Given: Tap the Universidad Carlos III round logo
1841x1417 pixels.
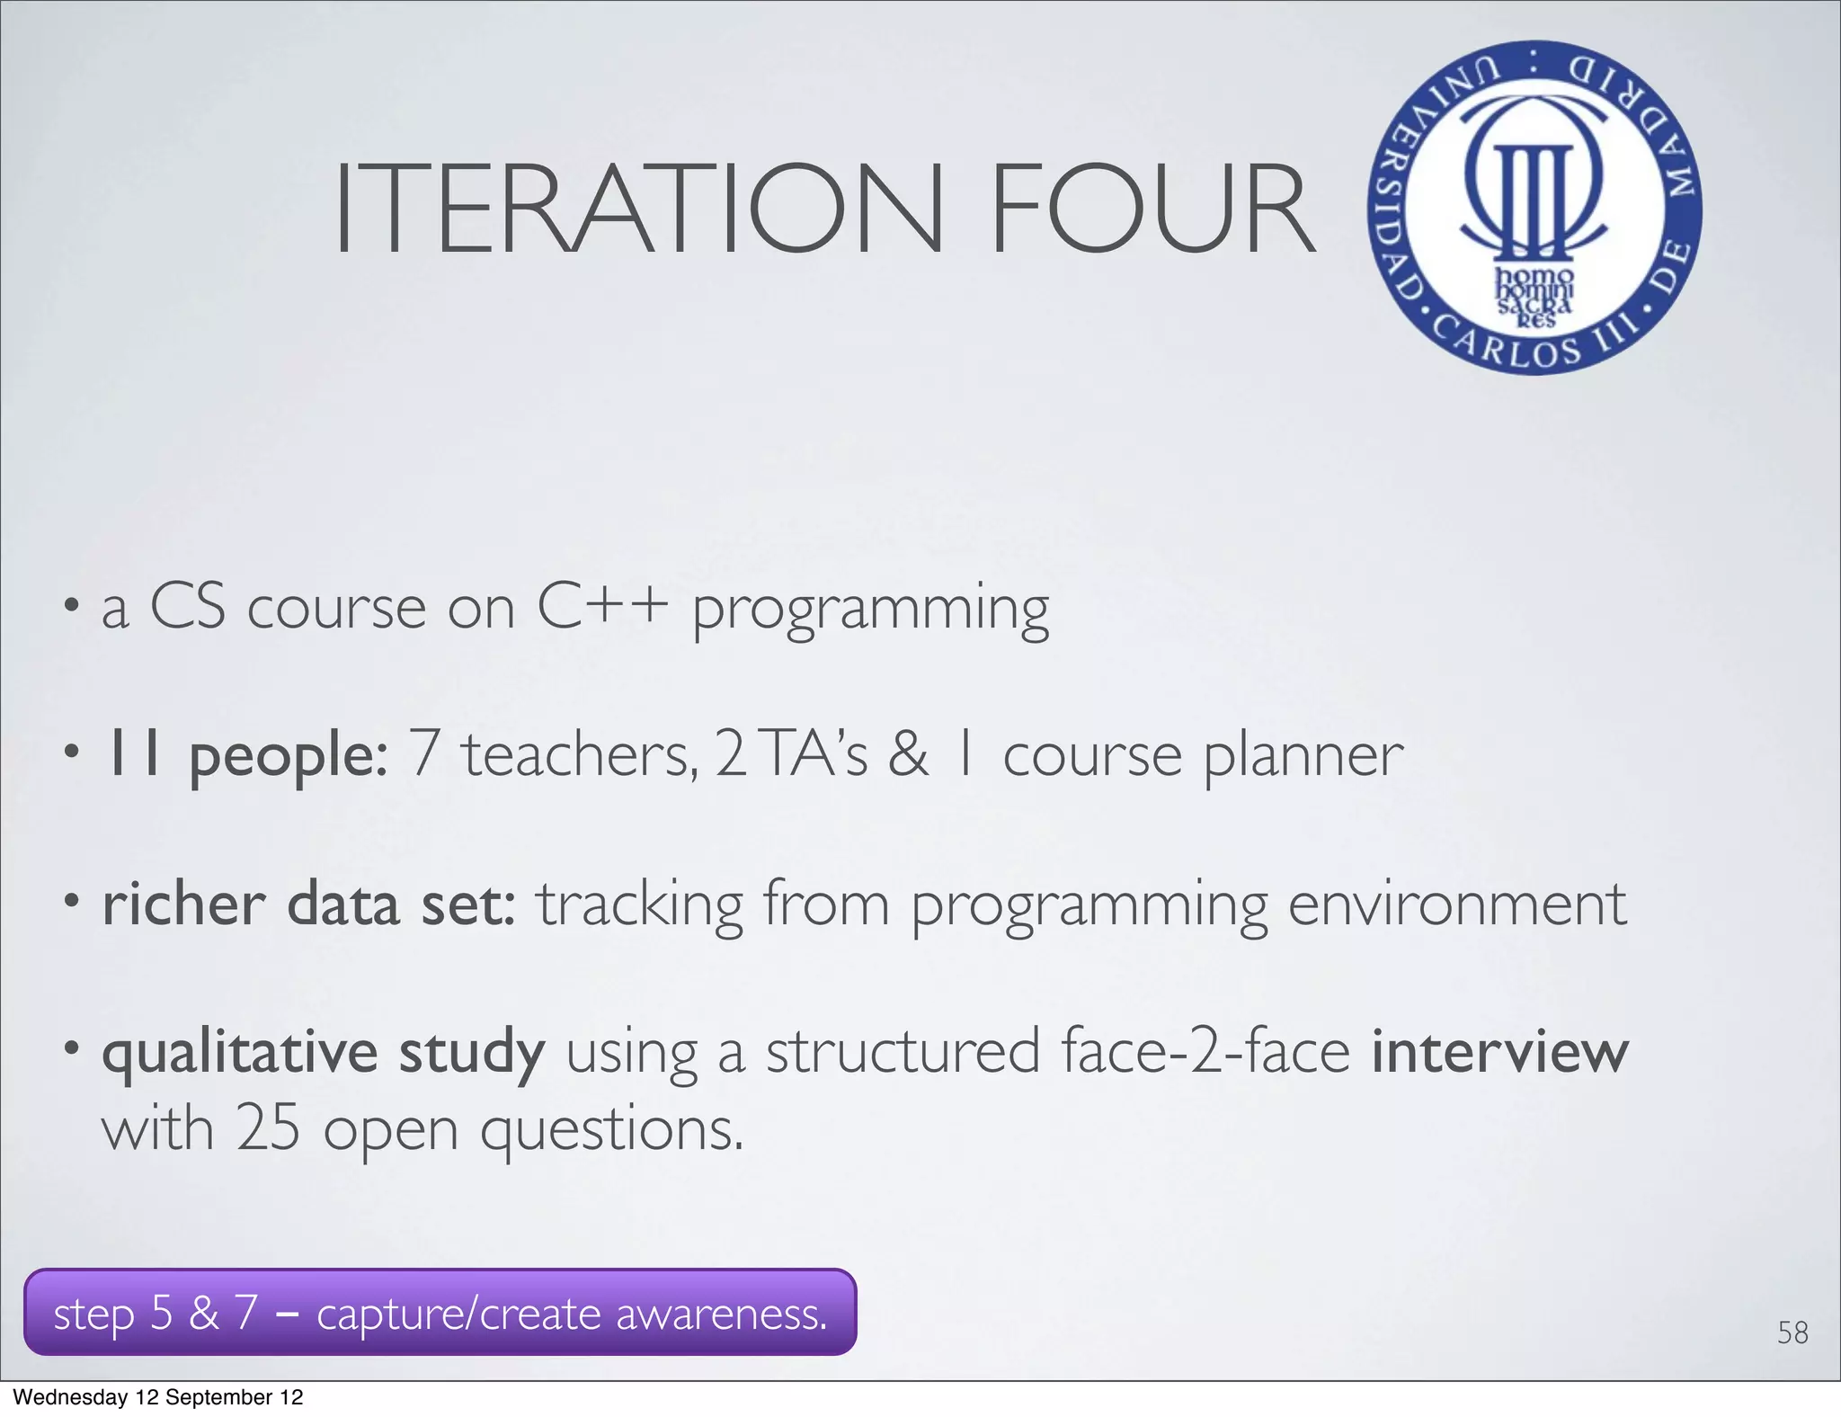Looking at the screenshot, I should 1534,208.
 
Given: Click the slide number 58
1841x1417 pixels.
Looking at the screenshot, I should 1792,1332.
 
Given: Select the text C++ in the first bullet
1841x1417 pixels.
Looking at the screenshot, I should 602,606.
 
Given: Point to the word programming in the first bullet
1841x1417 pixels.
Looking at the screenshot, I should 870,611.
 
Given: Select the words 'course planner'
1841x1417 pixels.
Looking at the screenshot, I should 1203,755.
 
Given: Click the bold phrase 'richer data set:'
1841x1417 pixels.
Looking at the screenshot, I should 309,905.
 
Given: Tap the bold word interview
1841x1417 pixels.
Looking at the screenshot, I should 1499,1052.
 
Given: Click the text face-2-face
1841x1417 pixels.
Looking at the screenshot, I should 1205,1052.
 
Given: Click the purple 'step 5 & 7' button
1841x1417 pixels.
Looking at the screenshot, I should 440,1313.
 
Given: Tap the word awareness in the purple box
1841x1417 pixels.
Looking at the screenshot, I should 721,1315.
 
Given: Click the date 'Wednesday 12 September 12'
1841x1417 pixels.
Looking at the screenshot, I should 158,1397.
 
